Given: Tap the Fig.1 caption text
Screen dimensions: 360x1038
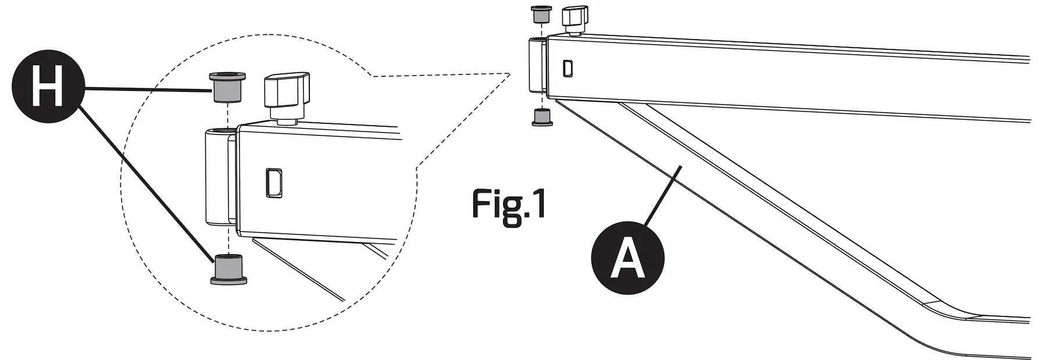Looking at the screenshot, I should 509,204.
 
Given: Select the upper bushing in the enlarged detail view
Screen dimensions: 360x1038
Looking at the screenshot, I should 227,87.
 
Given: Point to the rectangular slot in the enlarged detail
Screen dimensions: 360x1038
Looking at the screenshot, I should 273,183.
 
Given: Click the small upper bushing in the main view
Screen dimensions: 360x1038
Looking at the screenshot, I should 541,15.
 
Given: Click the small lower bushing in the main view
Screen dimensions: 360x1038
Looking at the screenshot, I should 542,116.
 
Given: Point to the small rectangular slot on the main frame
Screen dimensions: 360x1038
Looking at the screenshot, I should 568,67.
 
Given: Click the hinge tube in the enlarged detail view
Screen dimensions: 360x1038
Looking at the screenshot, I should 220,177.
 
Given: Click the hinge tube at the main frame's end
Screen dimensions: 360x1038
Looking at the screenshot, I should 536,65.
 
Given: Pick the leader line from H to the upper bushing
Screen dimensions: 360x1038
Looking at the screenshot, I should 145,89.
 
